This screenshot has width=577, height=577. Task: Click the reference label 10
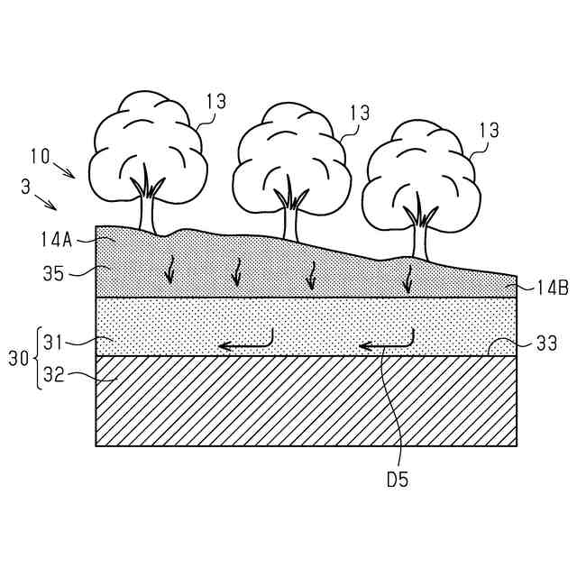click(38, 155)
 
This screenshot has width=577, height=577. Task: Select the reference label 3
click(23, 188)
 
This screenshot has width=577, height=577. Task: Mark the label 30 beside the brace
click(18, 359)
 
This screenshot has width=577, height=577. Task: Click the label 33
click(546, 343)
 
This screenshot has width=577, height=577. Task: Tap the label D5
click(397, 480)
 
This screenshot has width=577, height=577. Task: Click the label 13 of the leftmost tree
click(215, 101)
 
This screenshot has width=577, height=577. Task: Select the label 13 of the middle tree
click(359, 113)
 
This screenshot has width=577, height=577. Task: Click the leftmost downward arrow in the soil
click(169, 270)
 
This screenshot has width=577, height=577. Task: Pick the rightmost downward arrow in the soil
click(407, 278)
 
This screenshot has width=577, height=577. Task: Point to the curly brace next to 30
click(39, 359)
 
